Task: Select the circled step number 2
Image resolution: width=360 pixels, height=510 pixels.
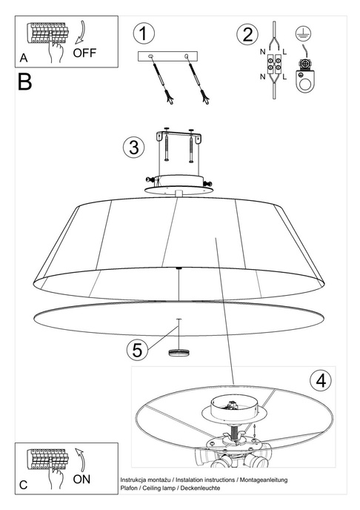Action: pos(247,34)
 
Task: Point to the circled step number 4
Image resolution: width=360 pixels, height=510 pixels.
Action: pos(319,381)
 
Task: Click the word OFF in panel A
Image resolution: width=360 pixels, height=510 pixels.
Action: pos(85,53)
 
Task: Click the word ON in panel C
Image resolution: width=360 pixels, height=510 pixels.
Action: pos(82,480)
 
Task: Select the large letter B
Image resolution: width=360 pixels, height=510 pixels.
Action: pos(24,82)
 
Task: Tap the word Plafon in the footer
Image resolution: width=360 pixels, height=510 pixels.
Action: pos(129,489)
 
